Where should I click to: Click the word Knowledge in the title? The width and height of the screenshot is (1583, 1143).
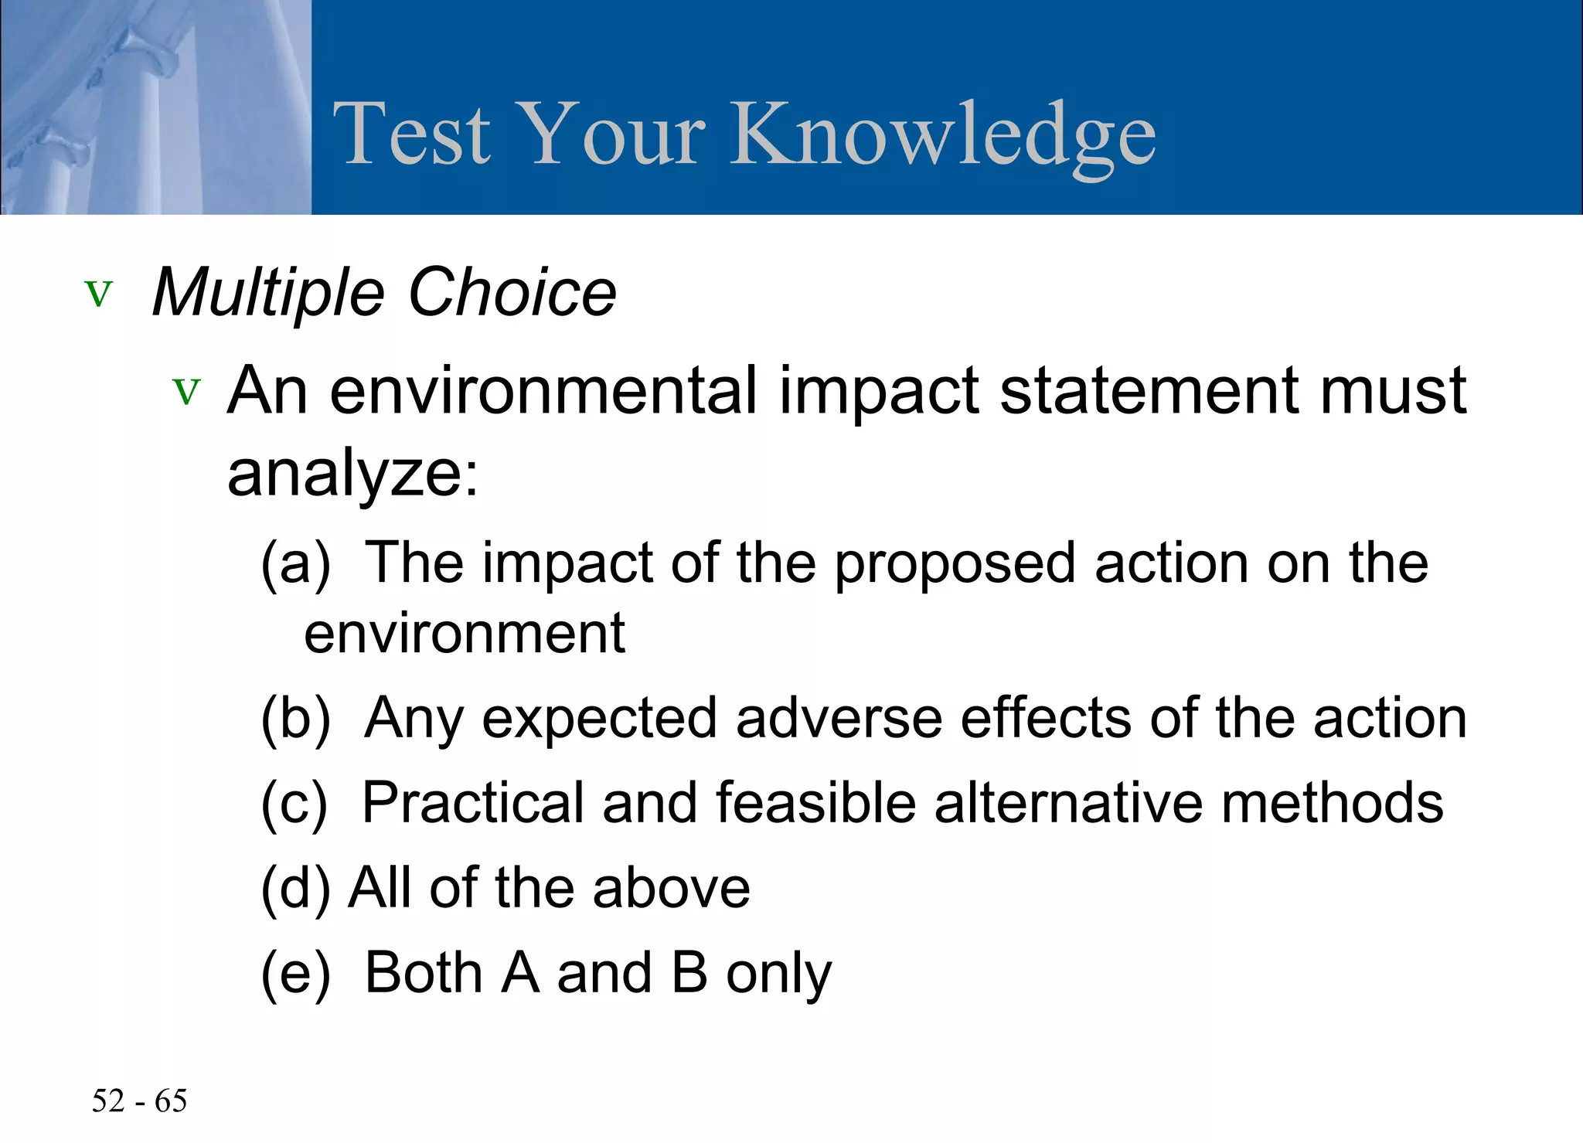943,135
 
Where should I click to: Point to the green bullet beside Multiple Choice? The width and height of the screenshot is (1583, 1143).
99,294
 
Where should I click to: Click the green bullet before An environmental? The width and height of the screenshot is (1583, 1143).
186,391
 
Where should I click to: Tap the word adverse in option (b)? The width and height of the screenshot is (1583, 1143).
839,719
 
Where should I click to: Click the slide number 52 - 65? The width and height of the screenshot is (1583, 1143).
139,1100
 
